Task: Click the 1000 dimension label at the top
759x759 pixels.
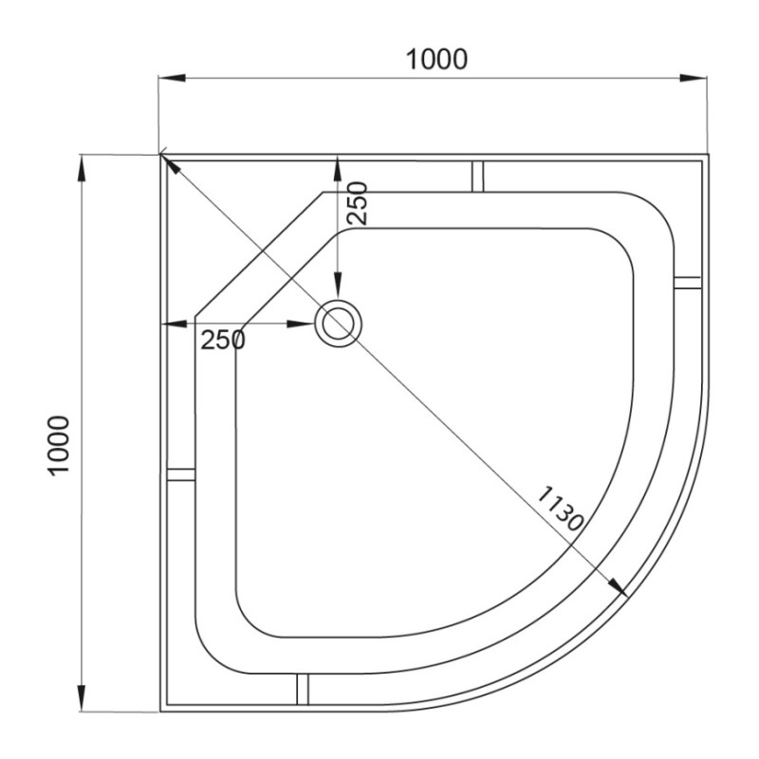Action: tap(436, 59)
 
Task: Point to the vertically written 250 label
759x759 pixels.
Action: tap(356, 202)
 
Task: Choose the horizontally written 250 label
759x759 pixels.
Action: tap(223, 340)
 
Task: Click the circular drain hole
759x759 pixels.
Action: tap(338, 324)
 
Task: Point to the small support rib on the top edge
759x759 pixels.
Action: tap(478, 175)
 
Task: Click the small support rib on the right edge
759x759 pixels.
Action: tap(687, 282)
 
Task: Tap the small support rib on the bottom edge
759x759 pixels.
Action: tap(303, 690)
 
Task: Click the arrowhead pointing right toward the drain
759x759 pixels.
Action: tap(305, 324)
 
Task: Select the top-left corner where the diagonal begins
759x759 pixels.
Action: tap(160, 156)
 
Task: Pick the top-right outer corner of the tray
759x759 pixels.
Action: tap(708, 156)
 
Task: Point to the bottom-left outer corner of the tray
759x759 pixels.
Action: tap(160, 711)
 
